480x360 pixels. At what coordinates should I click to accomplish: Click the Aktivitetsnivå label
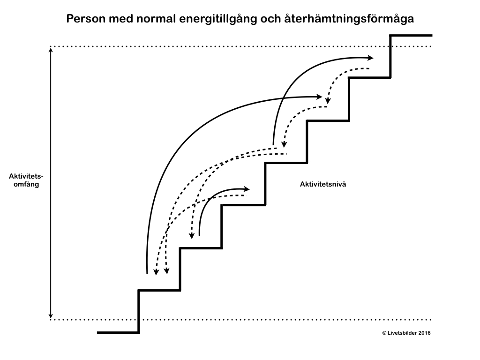tap(322, 184)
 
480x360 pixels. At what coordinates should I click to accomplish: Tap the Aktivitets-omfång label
tap(26, 180)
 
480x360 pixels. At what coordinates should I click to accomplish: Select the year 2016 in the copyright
tap(424, 333)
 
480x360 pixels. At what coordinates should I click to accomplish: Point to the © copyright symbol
tap(385, 333)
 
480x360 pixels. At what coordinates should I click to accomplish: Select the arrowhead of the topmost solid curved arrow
tap(371, 58)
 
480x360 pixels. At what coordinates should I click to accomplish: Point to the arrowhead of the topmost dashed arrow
tap(328, 101)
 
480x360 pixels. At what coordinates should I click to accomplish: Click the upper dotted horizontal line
tap(234, 47)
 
